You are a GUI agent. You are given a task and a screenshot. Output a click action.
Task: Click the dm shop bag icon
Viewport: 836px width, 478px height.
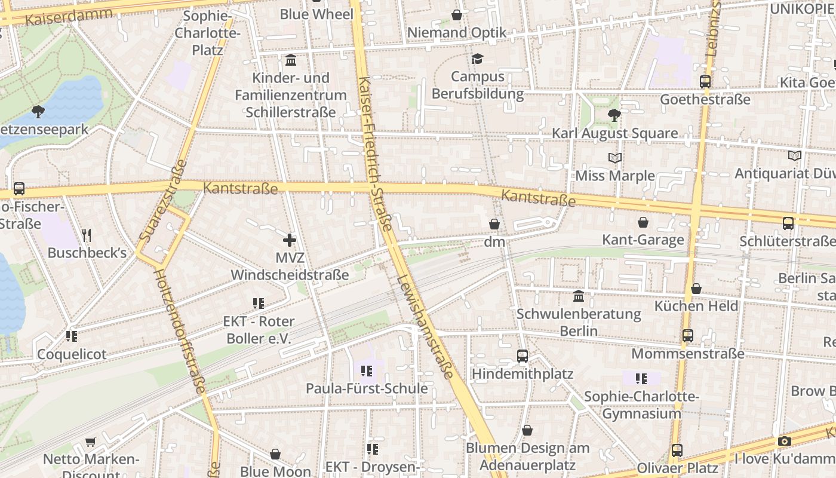pos(494,224)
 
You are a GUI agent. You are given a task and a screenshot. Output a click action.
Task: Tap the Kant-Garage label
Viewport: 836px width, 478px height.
pos(643,240)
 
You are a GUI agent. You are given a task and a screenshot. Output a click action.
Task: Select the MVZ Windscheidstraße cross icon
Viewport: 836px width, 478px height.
pos(290,240)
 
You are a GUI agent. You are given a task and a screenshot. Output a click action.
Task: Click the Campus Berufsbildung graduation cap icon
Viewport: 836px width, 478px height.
pos(477,59)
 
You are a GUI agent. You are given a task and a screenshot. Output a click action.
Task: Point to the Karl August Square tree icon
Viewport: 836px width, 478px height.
pos(614,115)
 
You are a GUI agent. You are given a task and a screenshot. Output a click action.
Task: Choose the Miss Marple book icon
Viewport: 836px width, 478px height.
pos(614,158)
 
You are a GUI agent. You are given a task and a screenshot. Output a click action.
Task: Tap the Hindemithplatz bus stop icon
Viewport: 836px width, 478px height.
pos(522,356)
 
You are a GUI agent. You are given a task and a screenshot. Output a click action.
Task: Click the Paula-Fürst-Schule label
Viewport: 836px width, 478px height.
pos(367,388)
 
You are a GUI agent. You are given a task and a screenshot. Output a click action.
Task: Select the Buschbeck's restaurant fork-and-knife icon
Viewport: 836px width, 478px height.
pos(87,235)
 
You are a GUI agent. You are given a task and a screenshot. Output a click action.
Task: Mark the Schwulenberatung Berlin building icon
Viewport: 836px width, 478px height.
pos(579,296)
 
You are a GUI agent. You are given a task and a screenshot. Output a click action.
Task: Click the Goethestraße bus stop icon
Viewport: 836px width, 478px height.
pos(705,82)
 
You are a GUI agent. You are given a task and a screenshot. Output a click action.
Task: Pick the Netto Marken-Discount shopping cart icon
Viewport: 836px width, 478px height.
pos(90,442)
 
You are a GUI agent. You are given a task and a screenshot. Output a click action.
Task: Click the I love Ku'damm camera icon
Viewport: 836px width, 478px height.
pos(785,442)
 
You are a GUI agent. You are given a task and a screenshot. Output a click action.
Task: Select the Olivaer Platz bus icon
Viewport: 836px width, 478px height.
pos(677,450)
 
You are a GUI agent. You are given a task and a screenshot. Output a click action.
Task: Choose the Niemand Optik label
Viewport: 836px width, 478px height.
pos(457,32)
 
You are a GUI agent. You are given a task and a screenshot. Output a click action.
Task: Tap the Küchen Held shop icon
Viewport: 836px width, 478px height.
pos(696,289)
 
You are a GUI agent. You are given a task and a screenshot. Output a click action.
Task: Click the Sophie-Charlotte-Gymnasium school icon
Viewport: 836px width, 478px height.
pos(641,378)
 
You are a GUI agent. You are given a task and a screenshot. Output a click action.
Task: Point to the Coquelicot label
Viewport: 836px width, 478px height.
pos(72,354)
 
